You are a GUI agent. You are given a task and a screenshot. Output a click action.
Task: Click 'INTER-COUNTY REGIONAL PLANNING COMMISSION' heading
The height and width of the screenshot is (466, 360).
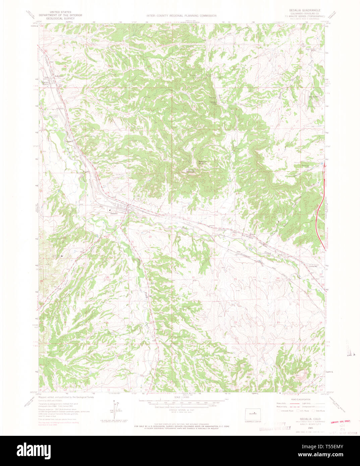pos(181,16)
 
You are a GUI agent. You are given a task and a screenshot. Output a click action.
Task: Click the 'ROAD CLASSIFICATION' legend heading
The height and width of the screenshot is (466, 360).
pos(300,400)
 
